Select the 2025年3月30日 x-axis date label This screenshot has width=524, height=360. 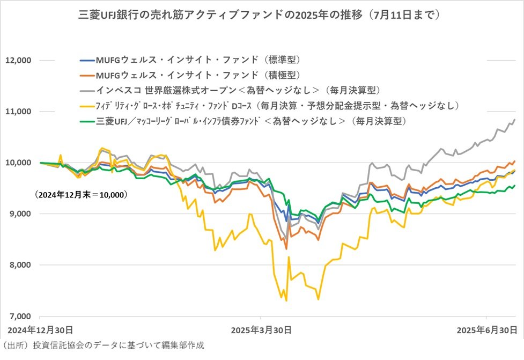[x=261, y=328]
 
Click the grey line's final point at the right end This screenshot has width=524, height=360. [x=515, y=119]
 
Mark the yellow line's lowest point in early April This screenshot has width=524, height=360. [x=287, y=301]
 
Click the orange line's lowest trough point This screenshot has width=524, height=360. [x=286, y=249]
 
